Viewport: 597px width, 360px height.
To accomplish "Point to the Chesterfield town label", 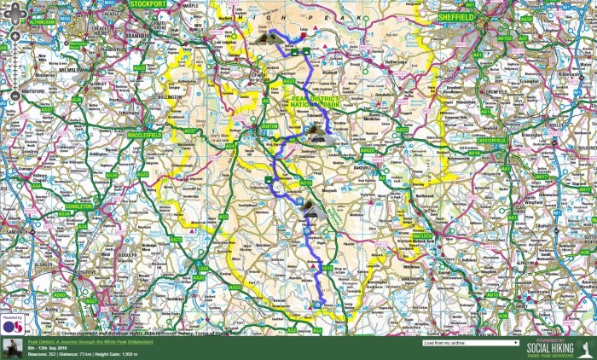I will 490,139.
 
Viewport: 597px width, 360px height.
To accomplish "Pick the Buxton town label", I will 270,125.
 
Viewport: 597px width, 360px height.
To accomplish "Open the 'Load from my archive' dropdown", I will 470,343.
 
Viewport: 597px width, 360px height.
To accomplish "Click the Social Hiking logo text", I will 549,348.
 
